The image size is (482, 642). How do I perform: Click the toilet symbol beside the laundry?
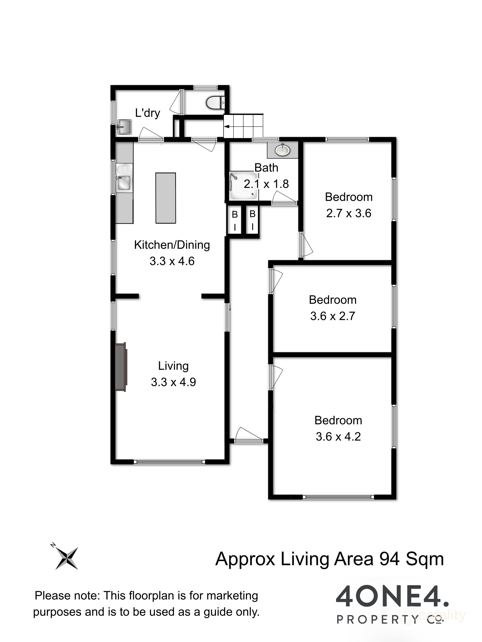(x=215, y=102)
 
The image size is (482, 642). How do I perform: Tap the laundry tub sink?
(x=124, y=127)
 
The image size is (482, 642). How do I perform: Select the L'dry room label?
(x=148, y=113)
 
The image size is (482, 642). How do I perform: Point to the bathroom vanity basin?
(x=282, y=150)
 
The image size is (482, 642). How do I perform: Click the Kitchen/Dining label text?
(x=172, y=245)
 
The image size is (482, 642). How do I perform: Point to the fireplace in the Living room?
(x=120, y=367)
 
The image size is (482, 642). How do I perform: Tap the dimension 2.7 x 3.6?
(x=348, y=213)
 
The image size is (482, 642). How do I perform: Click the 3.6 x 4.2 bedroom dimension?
(x=338, y=437)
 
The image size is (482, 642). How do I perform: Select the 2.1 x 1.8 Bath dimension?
(x=266, y=184)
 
